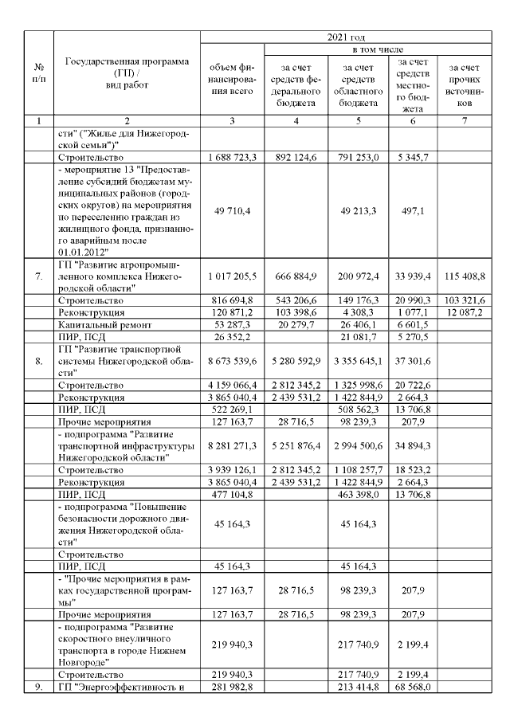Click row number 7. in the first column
click(37, 276)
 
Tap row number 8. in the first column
click(37, 361)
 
